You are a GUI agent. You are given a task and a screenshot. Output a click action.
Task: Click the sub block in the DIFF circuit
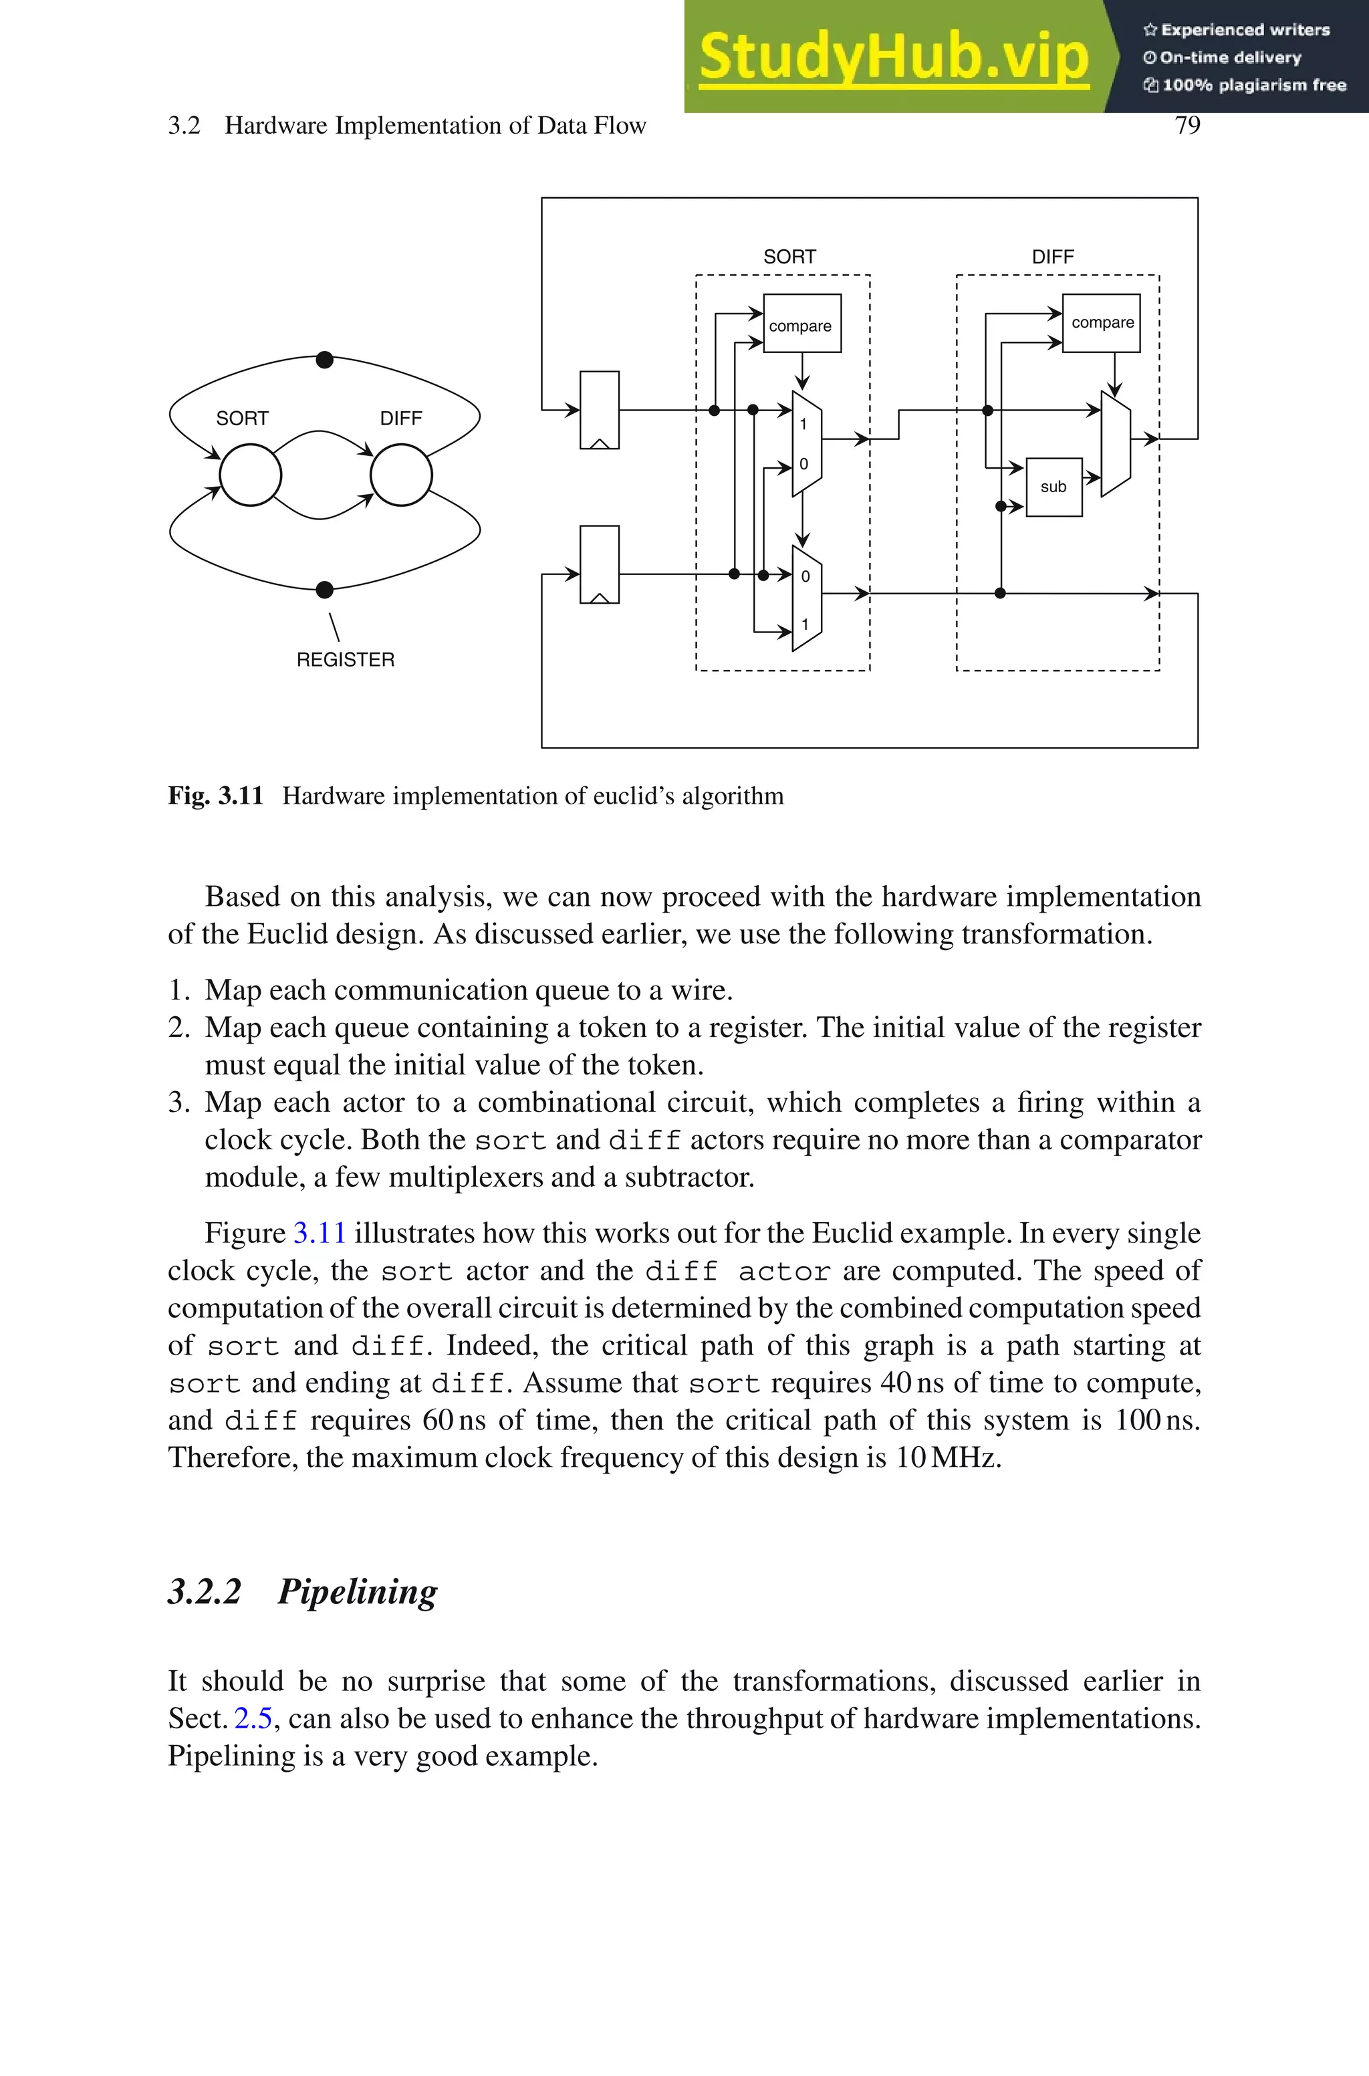(x=1053, y=487)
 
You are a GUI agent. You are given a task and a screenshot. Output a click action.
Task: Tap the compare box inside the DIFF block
(x=1101, y=322)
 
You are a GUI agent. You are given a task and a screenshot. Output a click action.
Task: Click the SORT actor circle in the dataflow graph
(x=250, y=475)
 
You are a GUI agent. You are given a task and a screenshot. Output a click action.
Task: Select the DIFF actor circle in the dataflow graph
(x=401, y=475)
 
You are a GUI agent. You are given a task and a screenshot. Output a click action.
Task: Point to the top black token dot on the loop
(x=325, y=360)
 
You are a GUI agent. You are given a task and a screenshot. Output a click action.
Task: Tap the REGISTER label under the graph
(x=345, y=659)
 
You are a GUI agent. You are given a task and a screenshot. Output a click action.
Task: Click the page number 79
(x=1187, y=126)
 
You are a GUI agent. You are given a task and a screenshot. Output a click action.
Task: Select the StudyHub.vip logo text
(x=893, y=57)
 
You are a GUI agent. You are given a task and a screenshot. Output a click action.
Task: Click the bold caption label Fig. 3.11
(x=216, y=796)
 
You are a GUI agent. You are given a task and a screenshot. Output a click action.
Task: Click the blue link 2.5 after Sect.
(x=253, y=1718)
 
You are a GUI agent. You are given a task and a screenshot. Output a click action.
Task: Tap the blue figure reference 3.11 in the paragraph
(x=319, y=1233)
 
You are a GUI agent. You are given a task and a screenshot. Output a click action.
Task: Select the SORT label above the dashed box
(x=789, y=257)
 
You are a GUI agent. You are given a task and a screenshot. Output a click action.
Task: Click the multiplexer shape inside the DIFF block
(x=1115, y=445)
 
